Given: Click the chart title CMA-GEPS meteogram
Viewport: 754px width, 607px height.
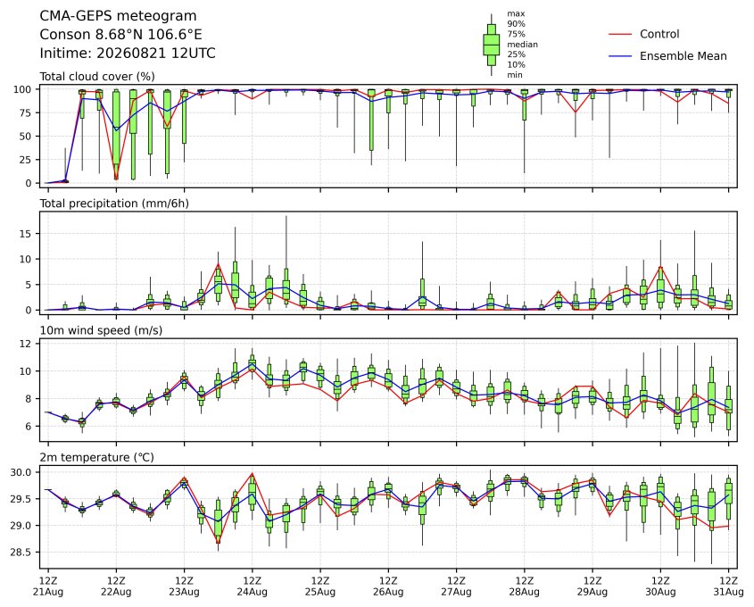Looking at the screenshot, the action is click(118, 16).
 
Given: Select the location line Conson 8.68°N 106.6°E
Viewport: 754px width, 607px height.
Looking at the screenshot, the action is click(120, 35).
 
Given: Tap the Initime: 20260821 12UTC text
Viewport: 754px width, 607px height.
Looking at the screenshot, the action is click(128, 53).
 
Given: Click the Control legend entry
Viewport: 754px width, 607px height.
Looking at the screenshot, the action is click(659, 34).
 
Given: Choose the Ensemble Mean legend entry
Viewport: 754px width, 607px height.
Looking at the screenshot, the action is click(683, 56).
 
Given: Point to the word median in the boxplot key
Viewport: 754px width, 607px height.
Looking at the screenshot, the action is click(522, 45).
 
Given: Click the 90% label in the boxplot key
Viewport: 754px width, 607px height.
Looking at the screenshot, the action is click(516, 23).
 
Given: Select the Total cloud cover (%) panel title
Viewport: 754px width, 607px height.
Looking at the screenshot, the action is click(97, 77).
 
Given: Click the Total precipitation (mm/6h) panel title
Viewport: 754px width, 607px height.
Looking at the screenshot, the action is click(114, 204).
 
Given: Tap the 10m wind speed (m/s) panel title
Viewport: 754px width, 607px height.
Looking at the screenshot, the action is click(101, 330).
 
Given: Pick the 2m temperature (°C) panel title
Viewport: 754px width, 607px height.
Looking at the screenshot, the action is click(96, 457).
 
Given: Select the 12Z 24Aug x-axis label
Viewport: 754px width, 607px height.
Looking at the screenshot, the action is click(252, 586).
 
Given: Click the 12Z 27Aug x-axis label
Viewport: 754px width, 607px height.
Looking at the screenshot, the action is click(456, 586).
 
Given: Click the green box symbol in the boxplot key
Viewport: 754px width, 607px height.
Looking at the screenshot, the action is click(491, 45).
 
